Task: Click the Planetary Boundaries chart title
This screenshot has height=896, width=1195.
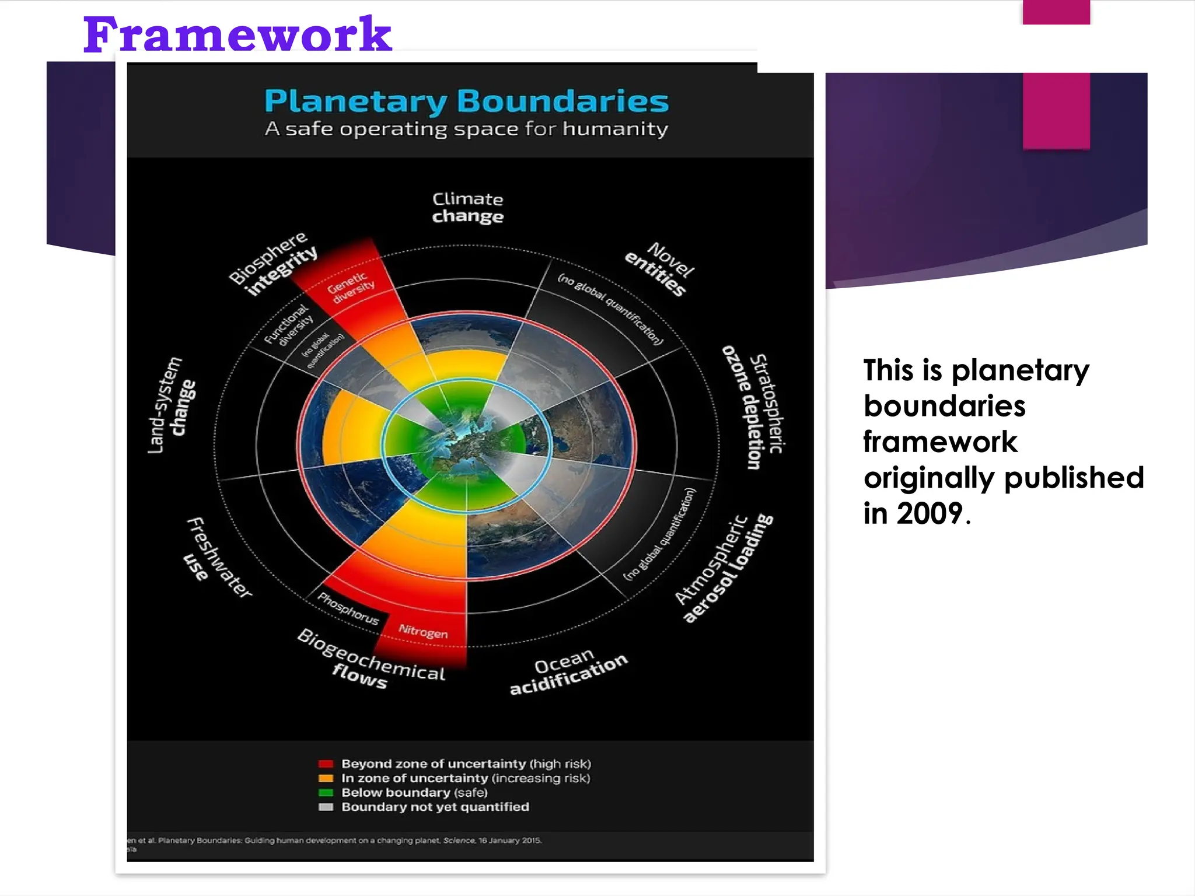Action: pyautogui.click(x=466, y=101)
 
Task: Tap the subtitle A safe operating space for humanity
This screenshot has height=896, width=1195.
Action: pyautogui.click(x=466, y=129)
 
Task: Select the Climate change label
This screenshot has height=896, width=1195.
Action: pyautogui.click(x=467, y=208)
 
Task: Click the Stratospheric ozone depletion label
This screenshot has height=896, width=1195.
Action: pyautogui.click(x=753, y=408)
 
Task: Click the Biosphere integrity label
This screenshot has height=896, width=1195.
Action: pyautogui.click(x=272, y=263)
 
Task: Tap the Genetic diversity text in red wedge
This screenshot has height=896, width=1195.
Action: pyautogui.click(x=350, y=287)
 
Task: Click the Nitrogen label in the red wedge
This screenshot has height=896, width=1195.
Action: pyautogui.click(x=423, y=631)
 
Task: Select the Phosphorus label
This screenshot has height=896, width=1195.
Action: pyautogui.click(x=348, y=608)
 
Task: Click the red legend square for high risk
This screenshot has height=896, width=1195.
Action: pyautogui.click(x=326, y=764)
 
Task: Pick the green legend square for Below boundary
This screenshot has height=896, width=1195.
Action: pyautogui.click(x=326, y=793)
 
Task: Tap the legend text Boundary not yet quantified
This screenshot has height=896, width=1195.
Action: pyautogui.click(x=435, y=807)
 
